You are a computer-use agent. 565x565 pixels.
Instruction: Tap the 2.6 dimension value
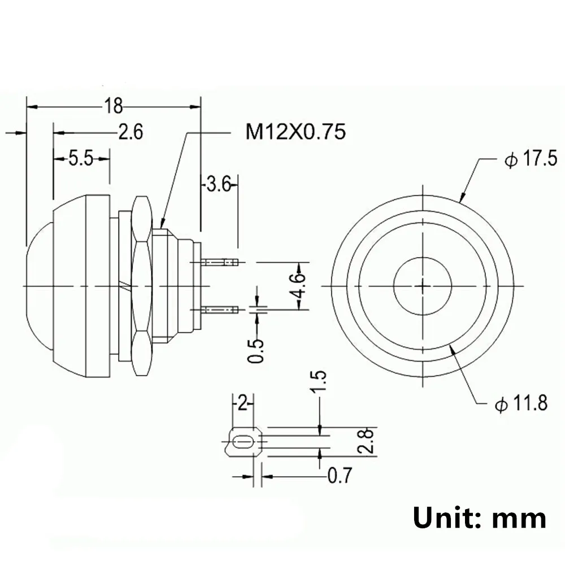[130, 132]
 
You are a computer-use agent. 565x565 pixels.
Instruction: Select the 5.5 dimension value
[80, 159]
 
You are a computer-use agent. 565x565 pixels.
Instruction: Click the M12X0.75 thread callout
[295, 132]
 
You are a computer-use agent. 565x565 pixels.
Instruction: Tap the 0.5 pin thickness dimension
[258, 350]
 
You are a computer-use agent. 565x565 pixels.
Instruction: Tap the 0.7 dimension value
[340, 476]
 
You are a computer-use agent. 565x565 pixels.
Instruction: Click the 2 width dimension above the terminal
[244, 403]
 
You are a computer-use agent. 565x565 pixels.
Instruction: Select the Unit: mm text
[479, 518]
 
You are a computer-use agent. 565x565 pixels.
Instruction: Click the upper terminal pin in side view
[220, 262]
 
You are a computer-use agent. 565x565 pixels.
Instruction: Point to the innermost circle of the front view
[422, 285]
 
